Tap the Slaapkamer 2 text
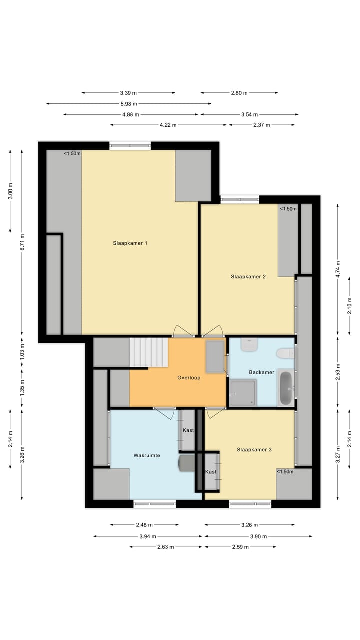[248, 276]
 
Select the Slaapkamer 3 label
[254, 450]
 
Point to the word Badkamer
[262, 372]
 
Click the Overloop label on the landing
[189, 378]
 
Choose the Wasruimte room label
[146, 456]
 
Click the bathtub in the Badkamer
[286, 388]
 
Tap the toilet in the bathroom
[285, 353]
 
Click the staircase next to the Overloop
[149, 353]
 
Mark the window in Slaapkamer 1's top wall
[130, 146]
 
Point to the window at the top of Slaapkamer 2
[240, 200]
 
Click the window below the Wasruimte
[154, 504]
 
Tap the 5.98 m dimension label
[129, 104]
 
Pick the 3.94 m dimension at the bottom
[148, 536]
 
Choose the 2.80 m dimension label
[239, 93]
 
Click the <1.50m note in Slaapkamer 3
[285, 471]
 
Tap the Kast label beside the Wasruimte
[188, 430]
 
